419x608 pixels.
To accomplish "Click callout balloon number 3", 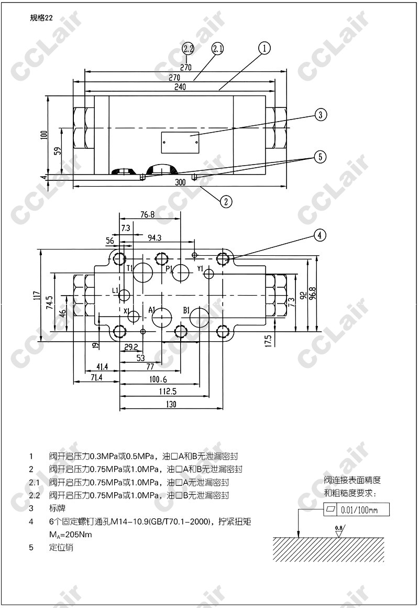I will coord(321,115).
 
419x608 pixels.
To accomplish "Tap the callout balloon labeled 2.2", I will coord(188,49).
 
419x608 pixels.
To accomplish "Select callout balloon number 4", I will coord(321,235).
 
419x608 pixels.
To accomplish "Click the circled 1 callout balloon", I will coord(264,48).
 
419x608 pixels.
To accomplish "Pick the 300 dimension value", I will coord(180,182).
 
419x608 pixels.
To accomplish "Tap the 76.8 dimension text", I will coord(147,214).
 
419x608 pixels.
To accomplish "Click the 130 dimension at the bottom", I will coord(171,404).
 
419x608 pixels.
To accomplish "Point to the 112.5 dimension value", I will coord(168,392).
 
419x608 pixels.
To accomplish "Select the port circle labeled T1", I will coord(142,273).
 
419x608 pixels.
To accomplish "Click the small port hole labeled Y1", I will coord(210,274).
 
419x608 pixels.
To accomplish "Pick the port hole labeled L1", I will coord(125,295).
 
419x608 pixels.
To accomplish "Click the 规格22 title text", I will coord(42,18).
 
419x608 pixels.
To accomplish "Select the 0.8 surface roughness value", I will coord(339,527).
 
